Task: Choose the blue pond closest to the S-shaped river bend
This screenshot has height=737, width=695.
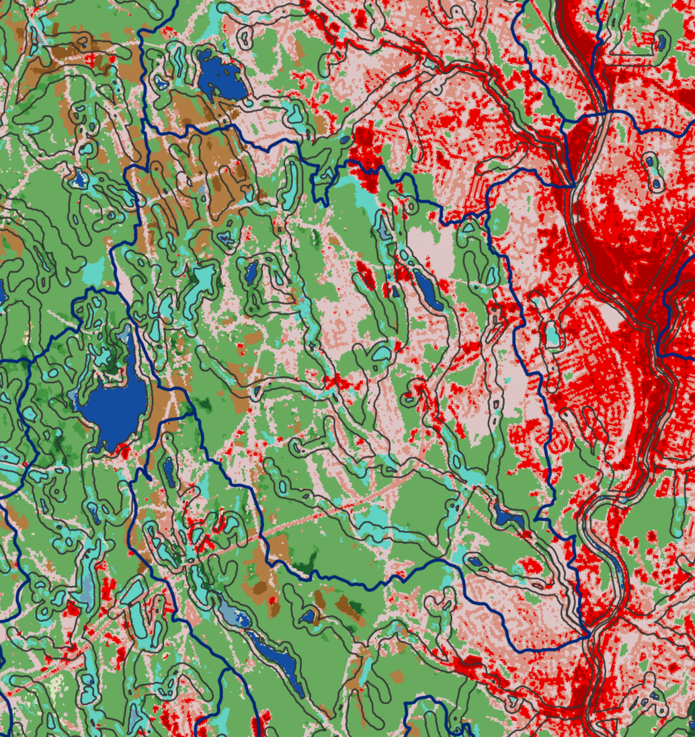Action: click(x=509, y=518)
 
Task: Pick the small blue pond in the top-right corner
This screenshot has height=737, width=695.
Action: click(x=663, y=42)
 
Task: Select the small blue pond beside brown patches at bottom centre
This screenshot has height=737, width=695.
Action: click(x=309, y=615)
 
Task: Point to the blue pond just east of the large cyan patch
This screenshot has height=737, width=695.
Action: click(x=251, y=272)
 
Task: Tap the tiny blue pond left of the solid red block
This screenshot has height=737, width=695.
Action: click(x=344, y=141)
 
